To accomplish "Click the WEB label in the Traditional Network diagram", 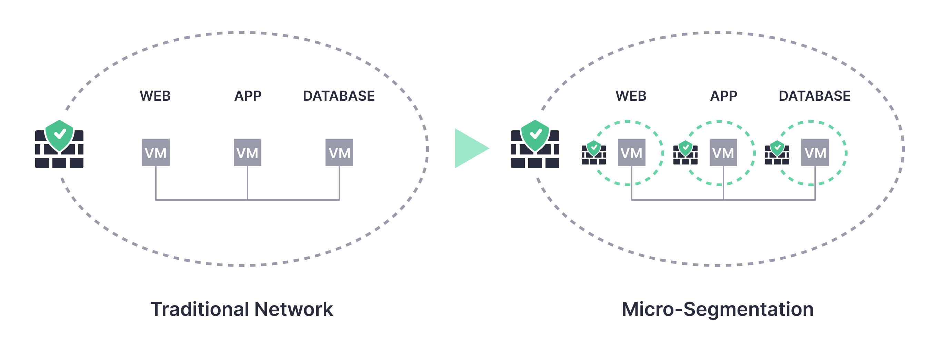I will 155,96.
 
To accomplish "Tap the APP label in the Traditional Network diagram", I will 248,96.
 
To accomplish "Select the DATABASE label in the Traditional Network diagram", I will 339,96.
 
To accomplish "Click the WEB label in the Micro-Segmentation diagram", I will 631,96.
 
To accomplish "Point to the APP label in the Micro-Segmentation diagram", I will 723,96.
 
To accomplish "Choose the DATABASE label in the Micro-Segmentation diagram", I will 814,96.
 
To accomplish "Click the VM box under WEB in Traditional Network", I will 156,152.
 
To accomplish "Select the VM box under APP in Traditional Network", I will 248,152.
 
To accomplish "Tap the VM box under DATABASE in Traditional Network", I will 339,152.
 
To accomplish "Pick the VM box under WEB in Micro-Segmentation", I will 631,152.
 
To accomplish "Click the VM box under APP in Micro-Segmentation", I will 723,152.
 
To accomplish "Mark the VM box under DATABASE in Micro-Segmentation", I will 815,152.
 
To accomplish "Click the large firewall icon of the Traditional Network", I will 59,144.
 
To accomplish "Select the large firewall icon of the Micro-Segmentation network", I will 535,144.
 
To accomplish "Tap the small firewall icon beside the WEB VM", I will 593,153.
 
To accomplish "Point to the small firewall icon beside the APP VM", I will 685,153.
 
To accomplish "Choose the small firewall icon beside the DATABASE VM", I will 777,153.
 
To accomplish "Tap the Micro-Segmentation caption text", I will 718,309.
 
